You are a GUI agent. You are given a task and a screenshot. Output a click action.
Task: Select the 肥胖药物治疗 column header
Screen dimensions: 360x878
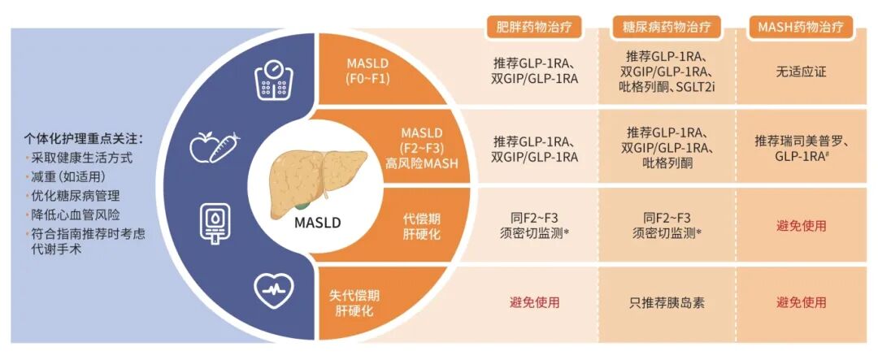[x=534, y=26]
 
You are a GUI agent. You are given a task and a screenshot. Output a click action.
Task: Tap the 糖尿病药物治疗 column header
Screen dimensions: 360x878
[x=659, y=26]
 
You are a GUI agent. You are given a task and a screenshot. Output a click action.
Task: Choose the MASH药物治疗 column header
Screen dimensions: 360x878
[x=801, y=26]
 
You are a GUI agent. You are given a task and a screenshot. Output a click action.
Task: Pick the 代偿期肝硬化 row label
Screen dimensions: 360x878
[x=423, y=226]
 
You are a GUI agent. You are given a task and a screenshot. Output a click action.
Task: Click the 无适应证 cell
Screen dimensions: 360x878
[x=801, y=72]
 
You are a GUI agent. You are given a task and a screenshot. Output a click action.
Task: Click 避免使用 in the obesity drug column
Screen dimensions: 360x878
[x=534, y=303]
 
